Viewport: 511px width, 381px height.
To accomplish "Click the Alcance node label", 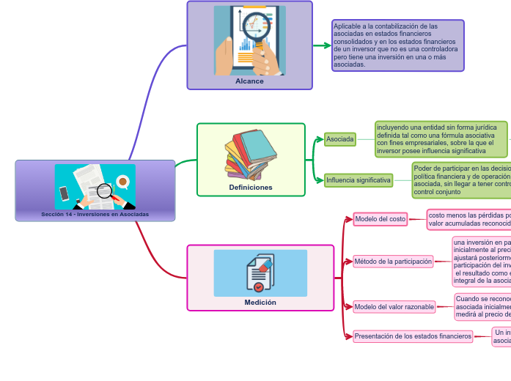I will (249, 81).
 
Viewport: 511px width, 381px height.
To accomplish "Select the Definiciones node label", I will (251, 188).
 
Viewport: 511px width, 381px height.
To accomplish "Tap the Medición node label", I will (260, 302).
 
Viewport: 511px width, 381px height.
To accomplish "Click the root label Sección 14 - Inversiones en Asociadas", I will (95, 215).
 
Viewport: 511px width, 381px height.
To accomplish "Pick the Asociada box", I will (340, 138).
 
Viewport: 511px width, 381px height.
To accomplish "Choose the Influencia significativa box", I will (359, 180).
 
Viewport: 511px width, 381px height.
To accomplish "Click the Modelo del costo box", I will (380, 219).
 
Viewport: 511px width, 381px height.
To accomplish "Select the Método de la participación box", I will (393, 262).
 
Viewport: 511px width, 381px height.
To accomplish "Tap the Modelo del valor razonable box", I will (394, 306).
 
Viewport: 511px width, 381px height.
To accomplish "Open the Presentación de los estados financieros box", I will (413, 336).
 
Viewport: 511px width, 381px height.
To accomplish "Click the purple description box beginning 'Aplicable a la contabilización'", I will (397, 45).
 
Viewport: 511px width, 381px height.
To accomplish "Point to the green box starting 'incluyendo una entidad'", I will (441, 139).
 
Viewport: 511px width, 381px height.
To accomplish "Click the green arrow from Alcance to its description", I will (323, 45).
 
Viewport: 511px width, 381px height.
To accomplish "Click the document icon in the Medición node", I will (260, 273).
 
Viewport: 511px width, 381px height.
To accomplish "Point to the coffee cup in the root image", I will (122, 181).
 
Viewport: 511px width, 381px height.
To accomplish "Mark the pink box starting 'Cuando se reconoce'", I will (482, 306).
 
